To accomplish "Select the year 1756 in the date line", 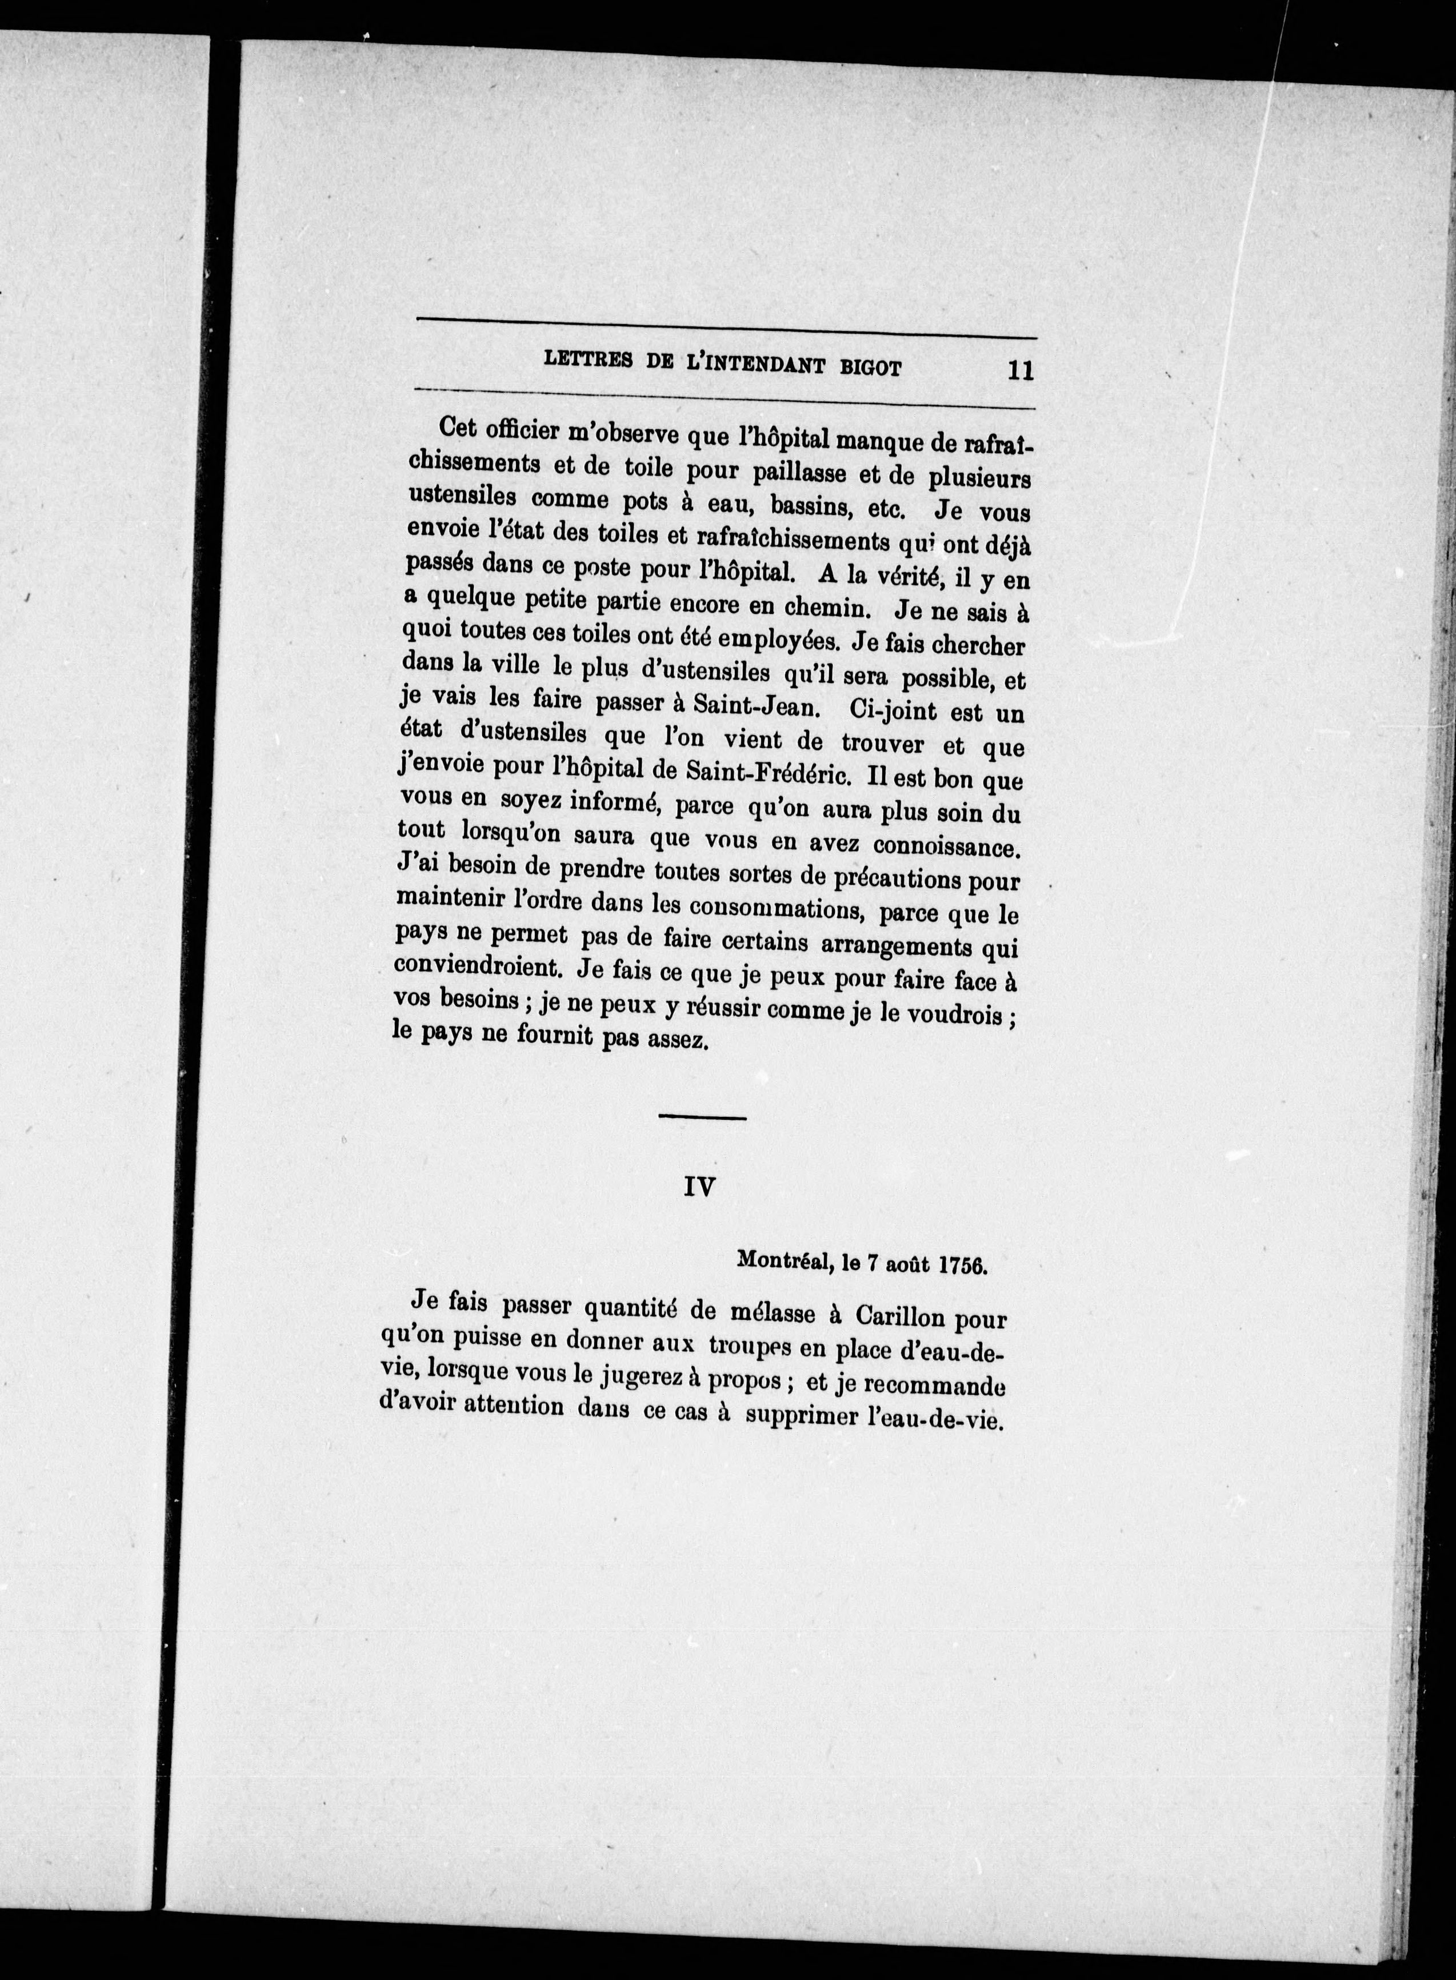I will click(962, 1264).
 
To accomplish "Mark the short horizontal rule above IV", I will click(702, 1118).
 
